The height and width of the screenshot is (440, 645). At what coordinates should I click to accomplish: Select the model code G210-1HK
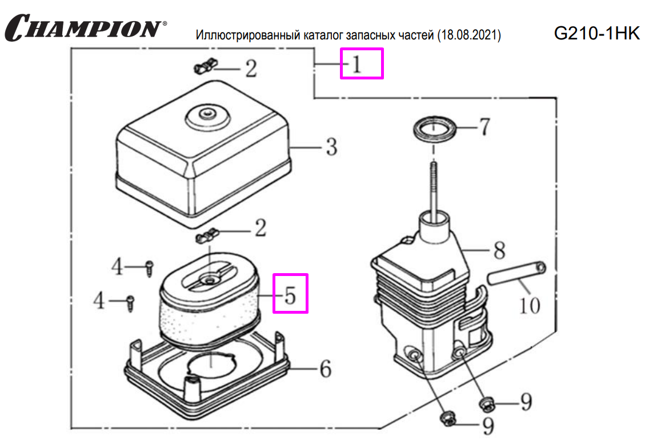[x=597, y=34]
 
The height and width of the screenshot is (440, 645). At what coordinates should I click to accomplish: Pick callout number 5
[x=290, y=294]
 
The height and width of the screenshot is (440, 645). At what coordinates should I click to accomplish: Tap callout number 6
[x=324, y=369]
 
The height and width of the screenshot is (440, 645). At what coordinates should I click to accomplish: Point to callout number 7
[x=484, y=127]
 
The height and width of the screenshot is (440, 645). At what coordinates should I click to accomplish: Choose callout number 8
[x=499, y=250]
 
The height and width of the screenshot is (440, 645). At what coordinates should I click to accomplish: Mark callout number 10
[x=530, y=305]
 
